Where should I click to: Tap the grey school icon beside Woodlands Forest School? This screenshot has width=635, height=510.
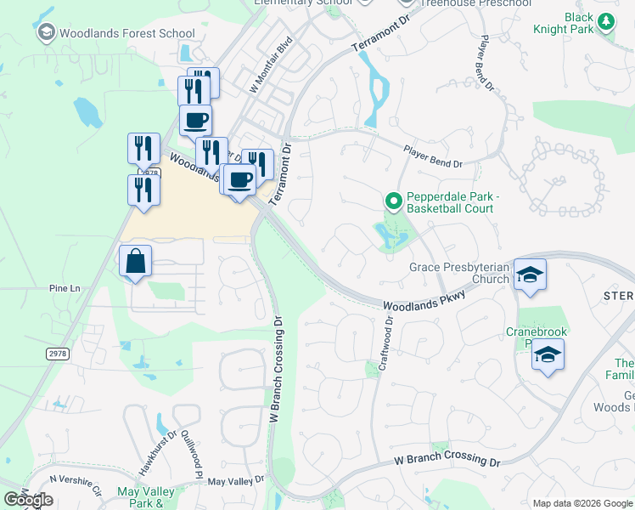pyautogui.click(x=47, y=33)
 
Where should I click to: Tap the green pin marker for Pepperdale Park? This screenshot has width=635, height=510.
pyautogui.click(x=393, y=201)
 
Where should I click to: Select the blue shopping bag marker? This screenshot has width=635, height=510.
pyautogui.click(x=136, y=262)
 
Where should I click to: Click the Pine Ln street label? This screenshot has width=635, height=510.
pyautogui.click(x=64, y=289)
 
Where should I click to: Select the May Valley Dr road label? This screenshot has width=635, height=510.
pyautogui.click(x=236, y=481)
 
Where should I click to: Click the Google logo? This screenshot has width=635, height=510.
pyautogui.click(x=28, y=500)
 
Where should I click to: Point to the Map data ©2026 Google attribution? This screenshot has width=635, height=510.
pyautogui.click(x=582, y=503)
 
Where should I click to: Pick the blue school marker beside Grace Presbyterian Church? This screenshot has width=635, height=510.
pyautogui.click(x=530, y=275)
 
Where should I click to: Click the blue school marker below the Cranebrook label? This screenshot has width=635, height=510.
pyautogui.click(x=548, y=355)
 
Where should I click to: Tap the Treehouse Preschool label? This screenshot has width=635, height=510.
pyautogui.click(x=465, y=3)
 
